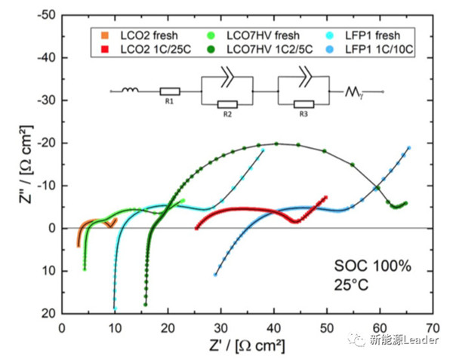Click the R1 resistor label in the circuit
[x=169, y=101]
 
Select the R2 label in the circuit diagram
[x=226, y=114]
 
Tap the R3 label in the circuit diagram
[x=304, y=114]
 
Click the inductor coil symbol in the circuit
[x=131, y=91]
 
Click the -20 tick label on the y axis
[x=46, y=143]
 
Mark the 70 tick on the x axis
[x=433, y=330]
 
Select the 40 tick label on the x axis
[x=274, y=330]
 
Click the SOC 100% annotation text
[x=368, y=266]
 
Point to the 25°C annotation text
[x=353, y=285]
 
